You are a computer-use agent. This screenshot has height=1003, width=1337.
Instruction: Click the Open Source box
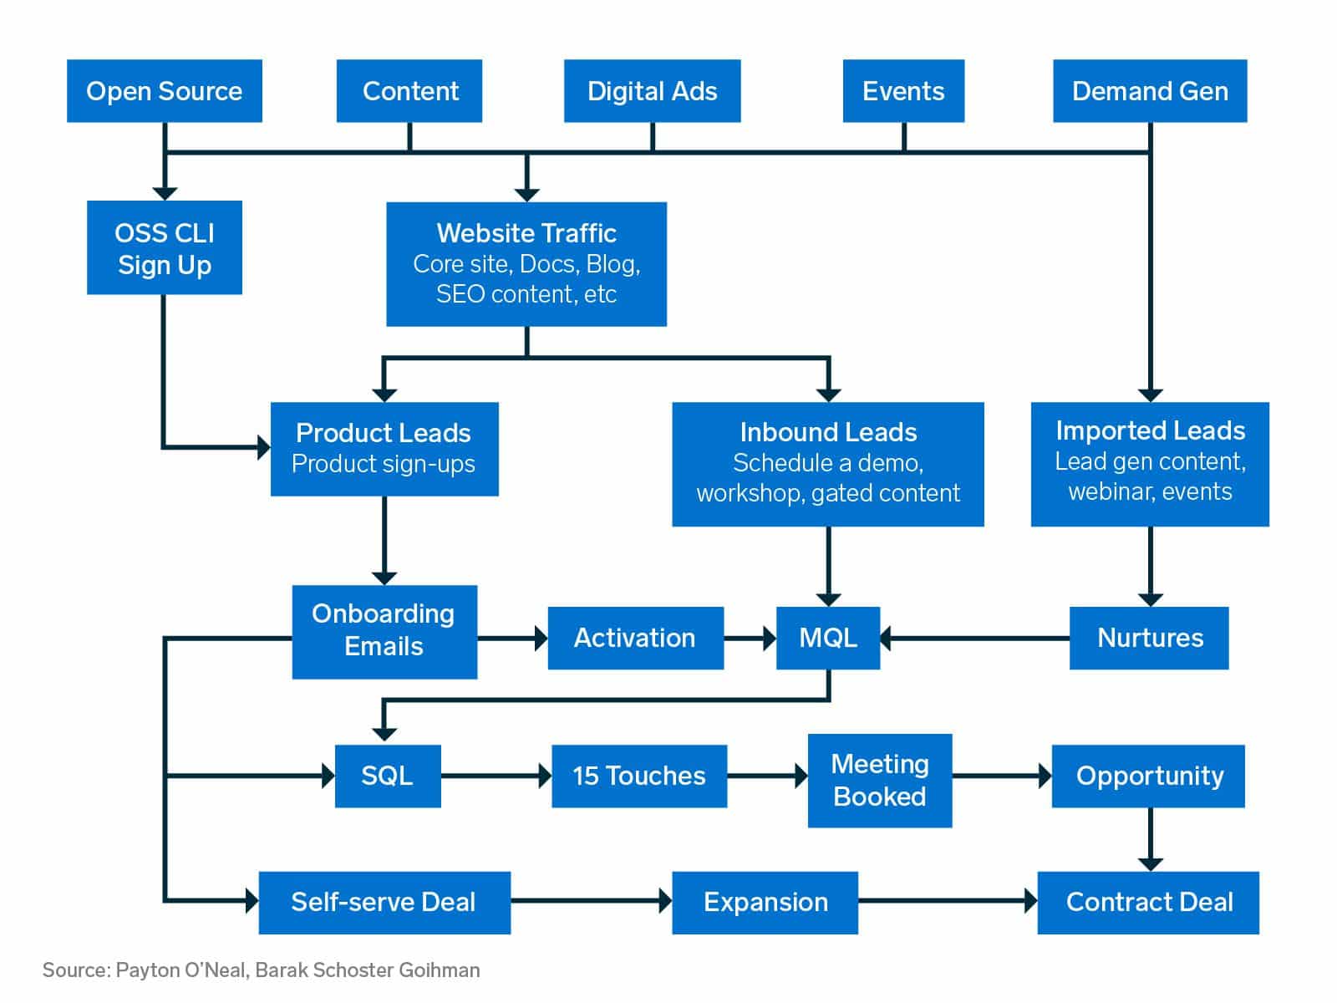click(164, 91)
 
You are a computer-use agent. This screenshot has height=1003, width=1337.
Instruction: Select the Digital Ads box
click(652, 91)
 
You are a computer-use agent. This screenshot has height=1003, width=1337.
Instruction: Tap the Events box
click(903, 91)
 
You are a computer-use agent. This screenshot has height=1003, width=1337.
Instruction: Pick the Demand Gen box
click(1150, 91)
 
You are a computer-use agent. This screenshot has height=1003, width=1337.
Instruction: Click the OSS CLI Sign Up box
click(165, 248)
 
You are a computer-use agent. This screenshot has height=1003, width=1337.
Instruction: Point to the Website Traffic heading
click(526, 233)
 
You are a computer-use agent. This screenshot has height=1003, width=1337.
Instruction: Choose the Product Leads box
click(384, 449)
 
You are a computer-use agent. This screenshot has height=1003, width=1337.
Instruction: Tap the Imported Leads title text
click(1150, 430)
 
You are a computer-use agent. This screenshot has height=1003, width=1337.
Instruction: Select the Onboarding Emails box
click(384, 631)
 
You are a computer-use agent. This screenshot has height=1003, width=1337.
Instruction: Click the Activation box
click(635, 639)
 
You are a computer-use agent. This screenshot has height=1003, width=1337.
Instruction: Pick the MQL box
click(828, 639)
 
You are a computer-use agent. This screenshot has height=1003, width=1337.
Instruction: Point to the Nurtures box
click(1149, 639)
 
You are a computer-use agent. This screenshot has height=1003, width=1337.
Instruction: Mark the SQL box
click(387, 776)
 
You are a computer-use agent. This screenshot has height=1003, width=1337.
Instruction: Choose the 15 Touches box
click(639, 776)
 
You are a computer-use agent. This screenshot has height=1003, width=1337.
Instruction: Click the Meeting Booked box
click(880, 781)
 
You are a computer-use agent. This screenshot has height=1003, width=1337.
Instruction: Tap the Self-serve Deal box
click(384, 903)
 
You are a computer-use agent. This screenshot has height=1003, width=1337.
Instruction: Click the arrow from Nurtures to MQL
click(974, 639)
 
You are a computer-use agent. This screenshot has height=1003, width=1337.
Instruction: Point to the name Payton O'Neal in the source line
click(180, 970)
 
